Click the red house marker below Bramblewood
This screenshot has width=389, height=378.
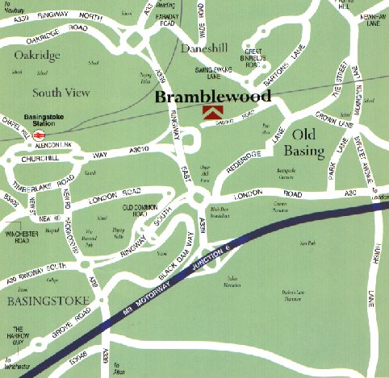point(211,114)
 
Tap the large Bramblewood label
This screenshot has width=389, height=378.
point(212,95)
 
